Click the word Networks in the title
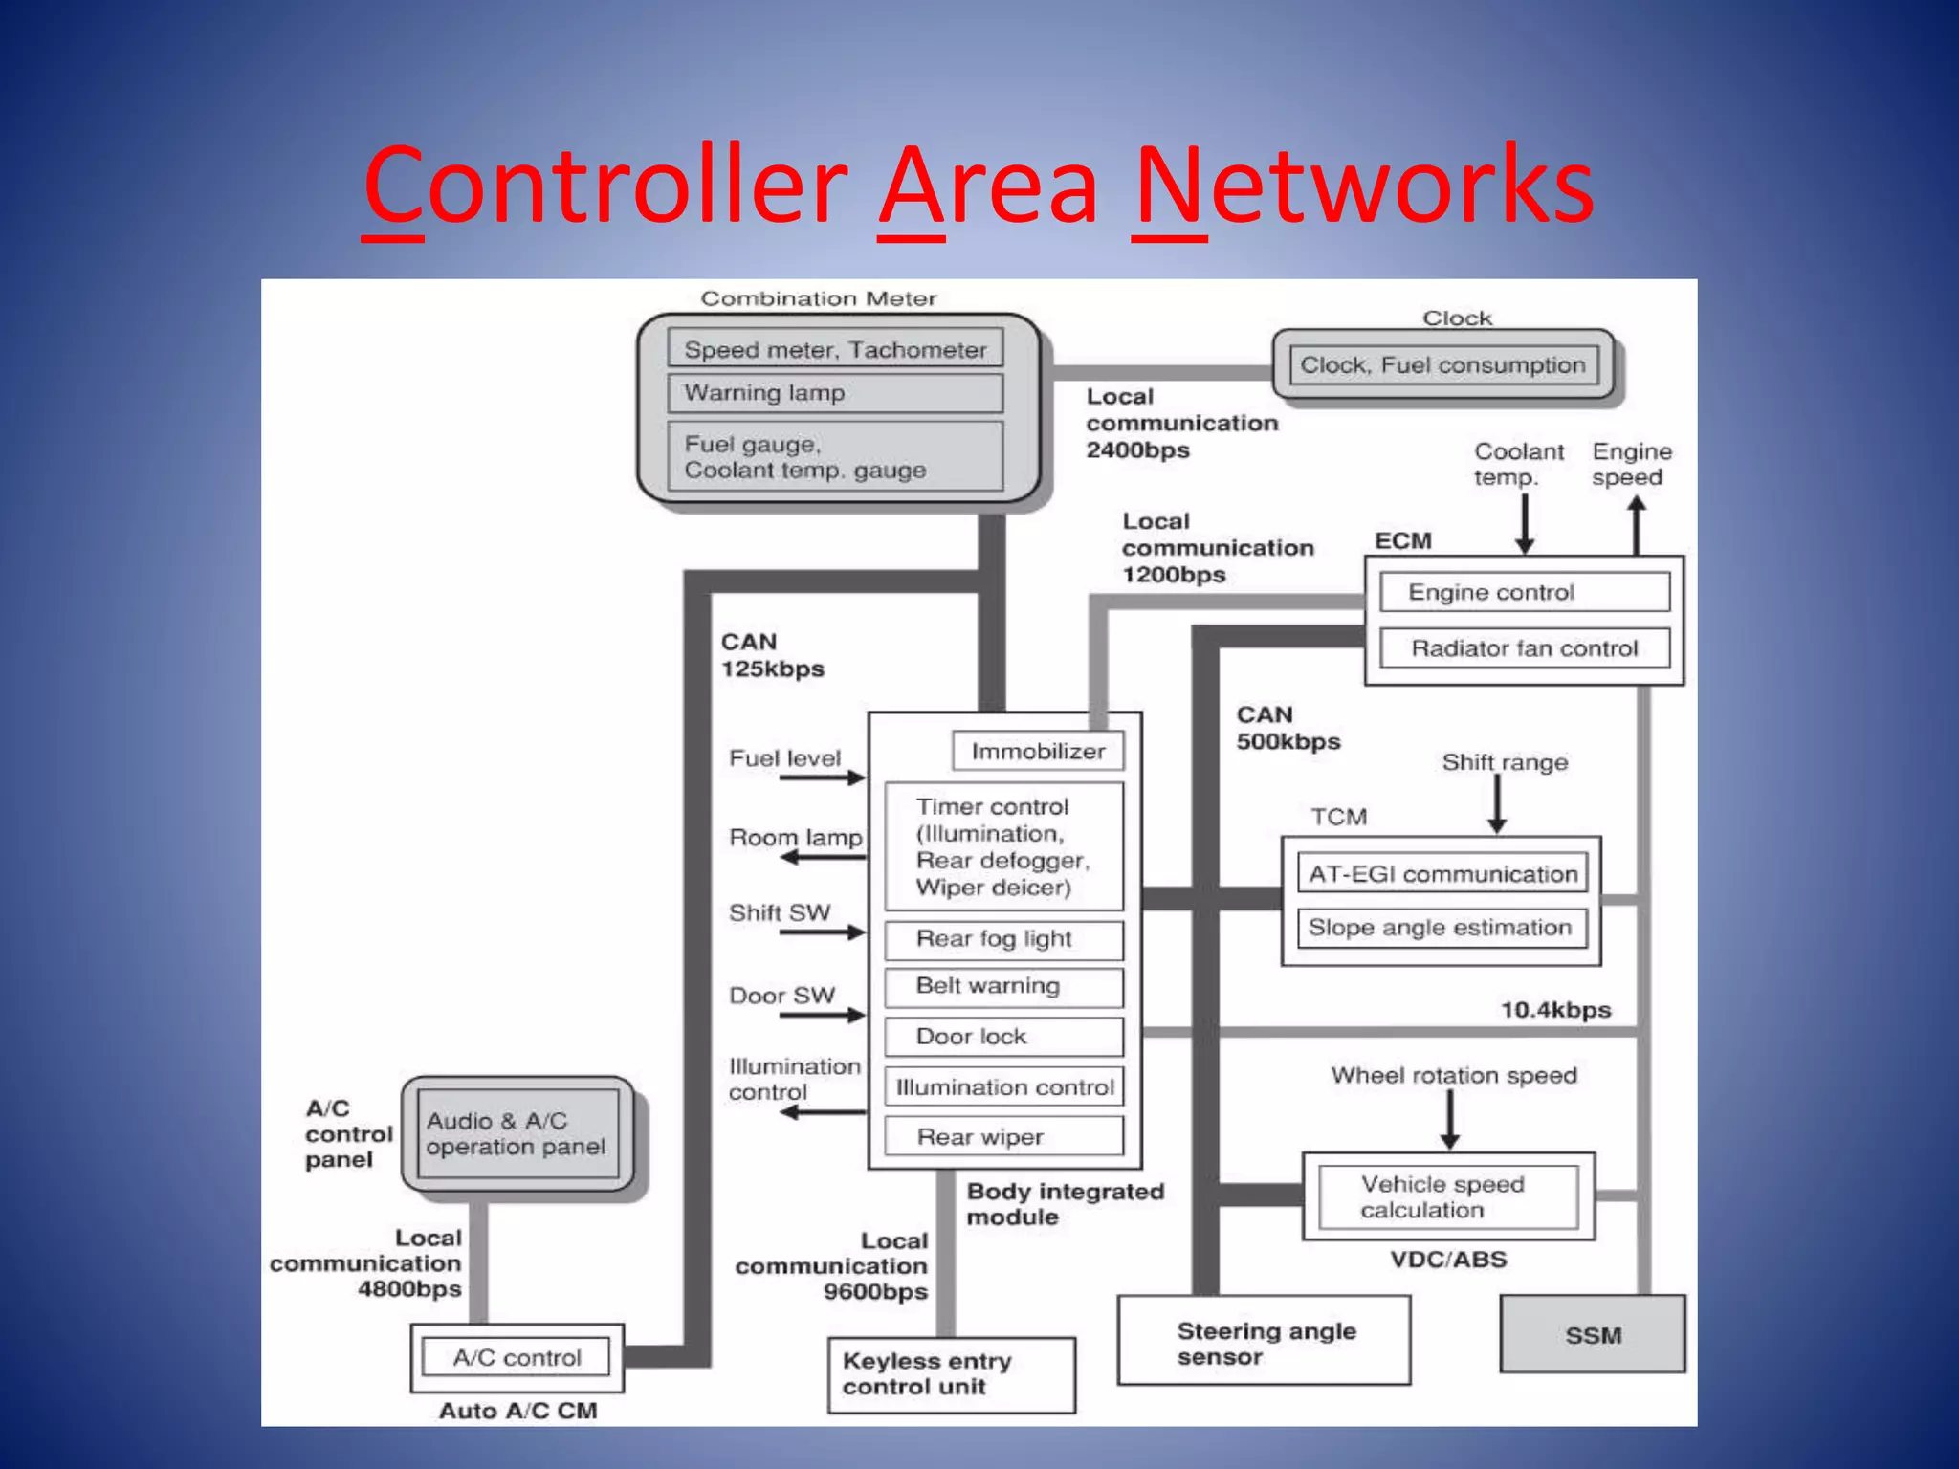[1362, 184]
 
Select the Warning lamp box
[835, 393]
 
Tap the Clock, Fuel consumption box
[1442, 365]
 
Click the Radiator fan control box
[1525, 648]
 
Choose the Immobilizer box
[1038, 752]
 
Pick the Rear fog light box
[1003, 939]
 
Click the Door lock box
[1003, 1037]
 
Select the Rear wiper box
[1003, 1137]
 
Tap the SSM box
[1593, 1335]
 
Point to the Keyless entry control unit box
[951, 1374]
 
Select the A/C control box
[517, 1357]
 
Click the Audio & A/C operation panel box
[517, 1134]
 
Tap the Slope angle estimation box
[1441, 928]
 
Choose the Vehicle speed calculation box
[1446, 1196]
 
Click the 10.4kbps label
[1555, 1010]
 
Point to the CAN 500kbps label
[1288, 729]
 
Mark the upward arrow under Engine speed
[1637, 525]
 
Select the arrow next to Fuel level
[822, 778]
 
